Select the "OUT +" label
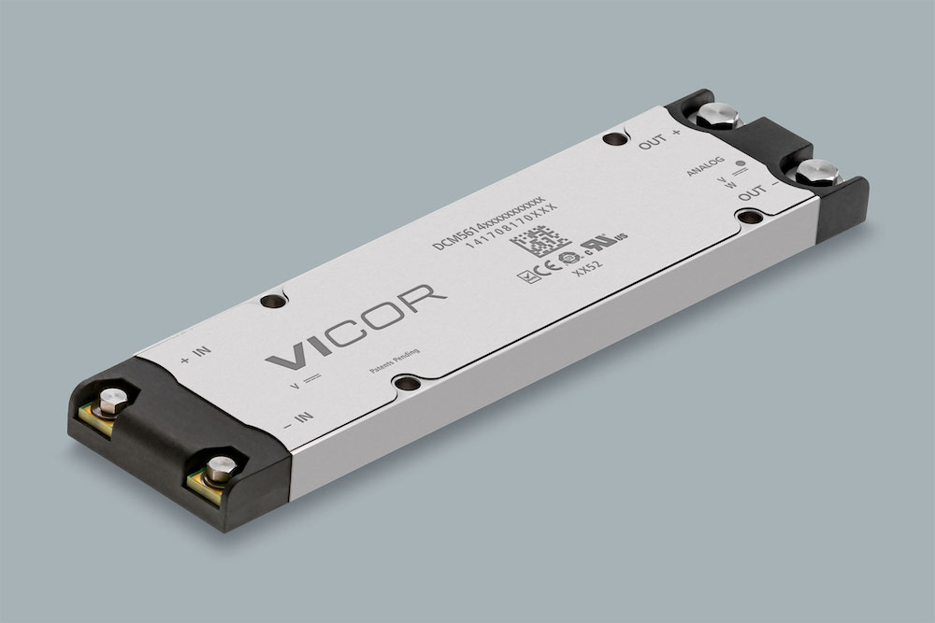[x=659, y=140]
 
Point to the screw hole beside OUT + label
[x=612, y=140]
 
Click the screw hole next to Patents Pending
[x=405, y=383]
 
